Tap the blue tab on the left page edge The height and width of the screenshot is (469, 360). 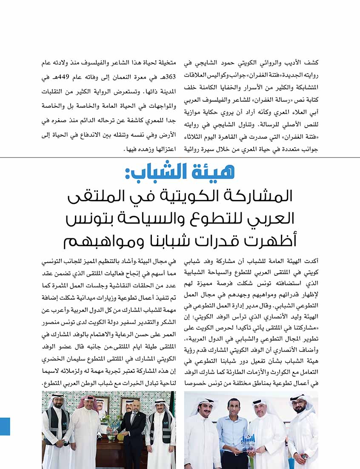5,426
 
